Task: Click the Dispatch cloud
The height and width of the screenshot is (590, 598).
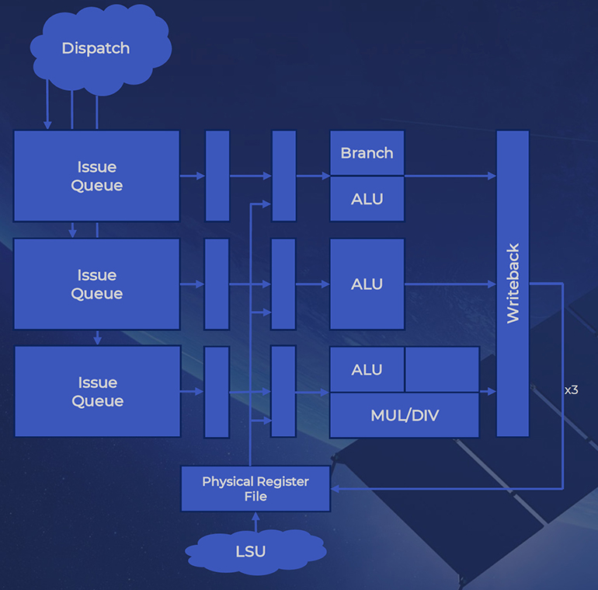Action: [x=96, y=48]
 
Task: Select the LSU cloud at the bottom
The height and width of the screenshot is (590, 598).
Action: [x=251, y=551]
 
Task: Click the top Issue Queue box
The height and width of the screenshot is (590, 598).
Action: [x=97, y=176]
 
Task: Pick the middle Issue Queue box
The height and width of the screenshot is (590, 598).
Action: [x=97, y=285]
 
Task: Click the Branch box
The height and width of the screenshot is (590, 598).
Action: [x=367, y=153]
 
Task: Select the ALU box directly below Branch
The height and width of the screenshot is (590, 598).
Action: [x=367, y=199]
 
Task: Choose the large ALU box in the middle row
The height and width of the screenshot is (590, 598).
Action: [x=367, y=284]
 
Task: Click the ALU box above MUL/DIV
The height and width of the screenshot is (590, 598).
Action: [x=367, y=370]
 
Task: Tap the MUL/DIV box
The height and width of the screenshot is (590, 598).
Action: [x=404, y=415]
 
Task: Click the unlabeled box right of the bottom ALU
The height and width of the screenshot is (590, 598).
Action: [x=442, y=370]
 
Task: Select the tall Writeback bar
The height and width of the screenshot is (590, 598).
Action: [x=513, y=284]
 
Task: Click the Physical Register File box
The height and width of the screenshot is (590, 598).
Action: [x=256, y=489]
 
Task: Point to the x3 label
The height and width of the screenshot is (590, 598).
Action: [x=571, y=390]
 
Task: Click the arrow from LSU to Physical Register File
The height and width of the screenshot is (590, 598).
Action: [x=256, y=522]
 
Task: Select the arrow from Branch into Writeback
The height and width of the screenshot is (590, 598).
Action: [x=450, y=176]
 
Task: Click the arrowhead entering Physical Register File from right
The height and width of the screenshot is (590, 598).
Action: [x=336, y=489]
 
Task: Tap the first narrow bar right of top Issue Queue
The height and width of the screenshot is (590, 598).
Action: [x=217, y=176]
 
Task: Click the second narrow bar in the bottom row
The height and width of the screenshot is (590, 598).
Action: [x=283, y=392]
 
